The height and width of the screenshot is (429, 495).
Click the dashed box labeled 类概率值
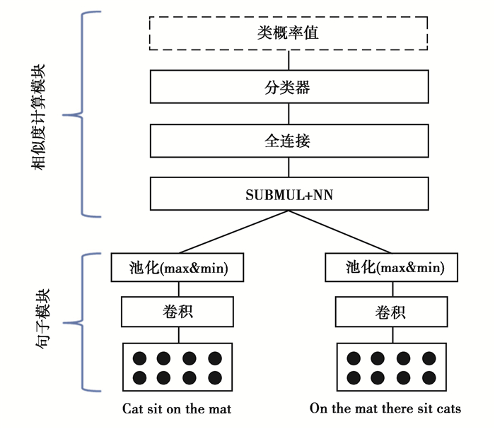pyautogui.click(x=289, y=33)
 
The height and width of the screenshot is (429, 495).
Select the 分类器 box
pyautogui.click(x=289, y=88)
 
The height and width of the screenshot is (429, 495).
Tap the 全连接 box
pyautogui.click(x=289, y=141)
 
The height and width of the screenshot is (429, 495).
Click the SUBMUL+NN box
pyautogui.click(x=289, y=194)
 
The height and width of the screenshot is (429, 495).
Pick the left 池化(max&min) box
pyautogui.click(x=178, y=267)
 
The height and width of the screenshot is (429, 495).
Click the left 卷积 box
pyautogui.click(x=178, y=311)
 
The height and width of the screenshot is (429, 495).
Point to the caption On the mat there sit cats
pyautogui.click(x=385, y=409)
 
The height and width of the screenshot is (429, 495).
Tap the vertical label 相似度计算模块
pyautogui.click(x=39, y=117)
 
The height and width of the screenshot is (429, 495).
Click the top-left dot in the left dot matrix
pyautogui.click(x=140, y=358)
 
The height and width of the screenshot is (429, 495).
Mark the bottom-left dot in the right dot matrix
pyautogui.click(x=351, y=377)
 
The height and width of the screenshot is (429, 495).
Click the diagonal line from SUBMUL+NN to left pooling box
pyautogui.click(x=233, y=231)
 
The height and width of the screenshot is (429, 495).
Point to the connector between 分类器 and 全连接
pyautogui.click(x=289, y=114)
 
